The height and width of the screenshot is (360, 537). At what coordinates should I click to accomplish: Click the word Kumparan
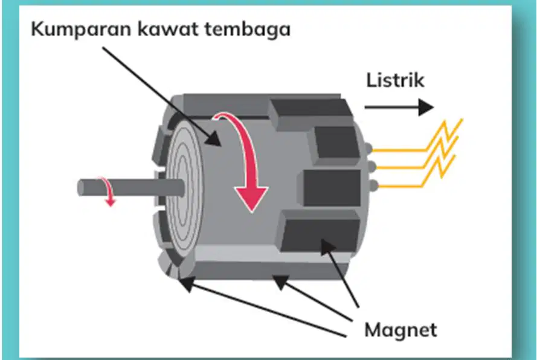(81, 30)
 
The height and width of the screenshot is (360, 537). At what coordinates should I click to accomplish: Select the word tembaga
(248, 30)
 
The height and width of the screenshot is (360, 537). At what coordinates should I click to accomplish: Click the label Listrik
(395, 80)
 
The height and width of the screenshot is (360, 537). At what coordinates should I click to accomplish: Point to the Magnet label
(400, 330)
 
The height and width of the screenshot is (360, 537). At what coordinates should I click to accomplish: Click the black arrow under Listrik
(399, 107)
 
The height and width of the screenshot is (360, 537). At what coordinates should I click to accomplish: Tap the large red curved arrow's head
(251, 199)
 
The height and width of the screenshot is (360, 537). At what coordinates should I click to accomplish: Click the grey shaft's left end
(80, 188)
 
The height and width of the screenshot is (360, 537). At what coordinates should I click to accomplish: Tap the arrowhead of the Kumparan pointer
(213, 139)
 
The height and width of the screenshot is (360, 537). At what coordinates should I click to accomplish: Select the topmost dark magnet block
(310, 113)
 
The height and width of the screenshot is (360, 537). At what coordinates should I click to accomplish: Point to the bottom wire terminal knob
(374, 185)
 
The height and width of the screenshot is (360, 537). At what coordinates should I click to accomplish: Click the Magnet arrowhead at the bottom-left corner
(185, 285)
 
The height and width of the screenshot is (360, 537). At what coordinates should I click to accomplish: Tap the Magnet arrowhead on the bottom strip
(280, 281)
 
